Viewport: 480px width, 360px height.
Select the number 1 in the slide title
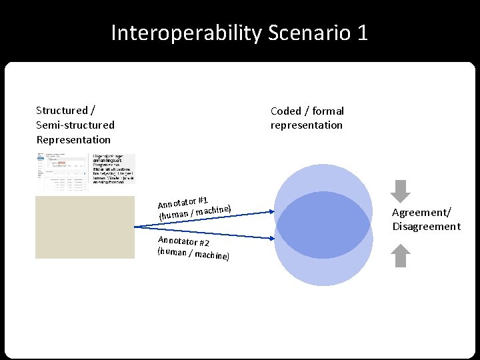click(361, 33)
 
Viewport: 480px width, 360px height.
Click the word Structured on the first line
click(61, 111)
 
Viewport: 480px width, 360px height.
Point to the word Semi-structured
click(75, 125)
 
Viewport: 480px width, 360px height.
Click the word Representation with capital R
click(73, 140)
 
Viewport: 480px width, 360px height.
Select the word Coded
click(287, 111)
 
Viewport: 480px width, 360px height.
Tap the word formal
click(328, 111)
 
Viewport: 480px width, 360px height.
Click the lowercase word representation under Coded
click(306, 125)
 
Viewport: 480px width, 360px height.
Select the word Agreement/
click(421, 213)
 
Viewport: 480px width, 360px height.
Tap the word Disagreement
click(426, 227)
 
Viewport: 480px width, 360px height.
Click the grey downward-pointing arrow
click(400, 191)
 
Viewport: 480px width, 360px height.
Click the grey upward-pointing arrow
click(400, 256)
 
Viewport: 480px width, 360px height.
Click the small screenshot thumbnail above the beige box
click(85, 172)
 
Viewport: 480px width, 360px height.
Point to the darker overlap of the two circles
click(323, 225)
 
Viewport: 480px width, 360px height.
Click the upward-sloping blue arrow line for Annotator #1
click(213, 220)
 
